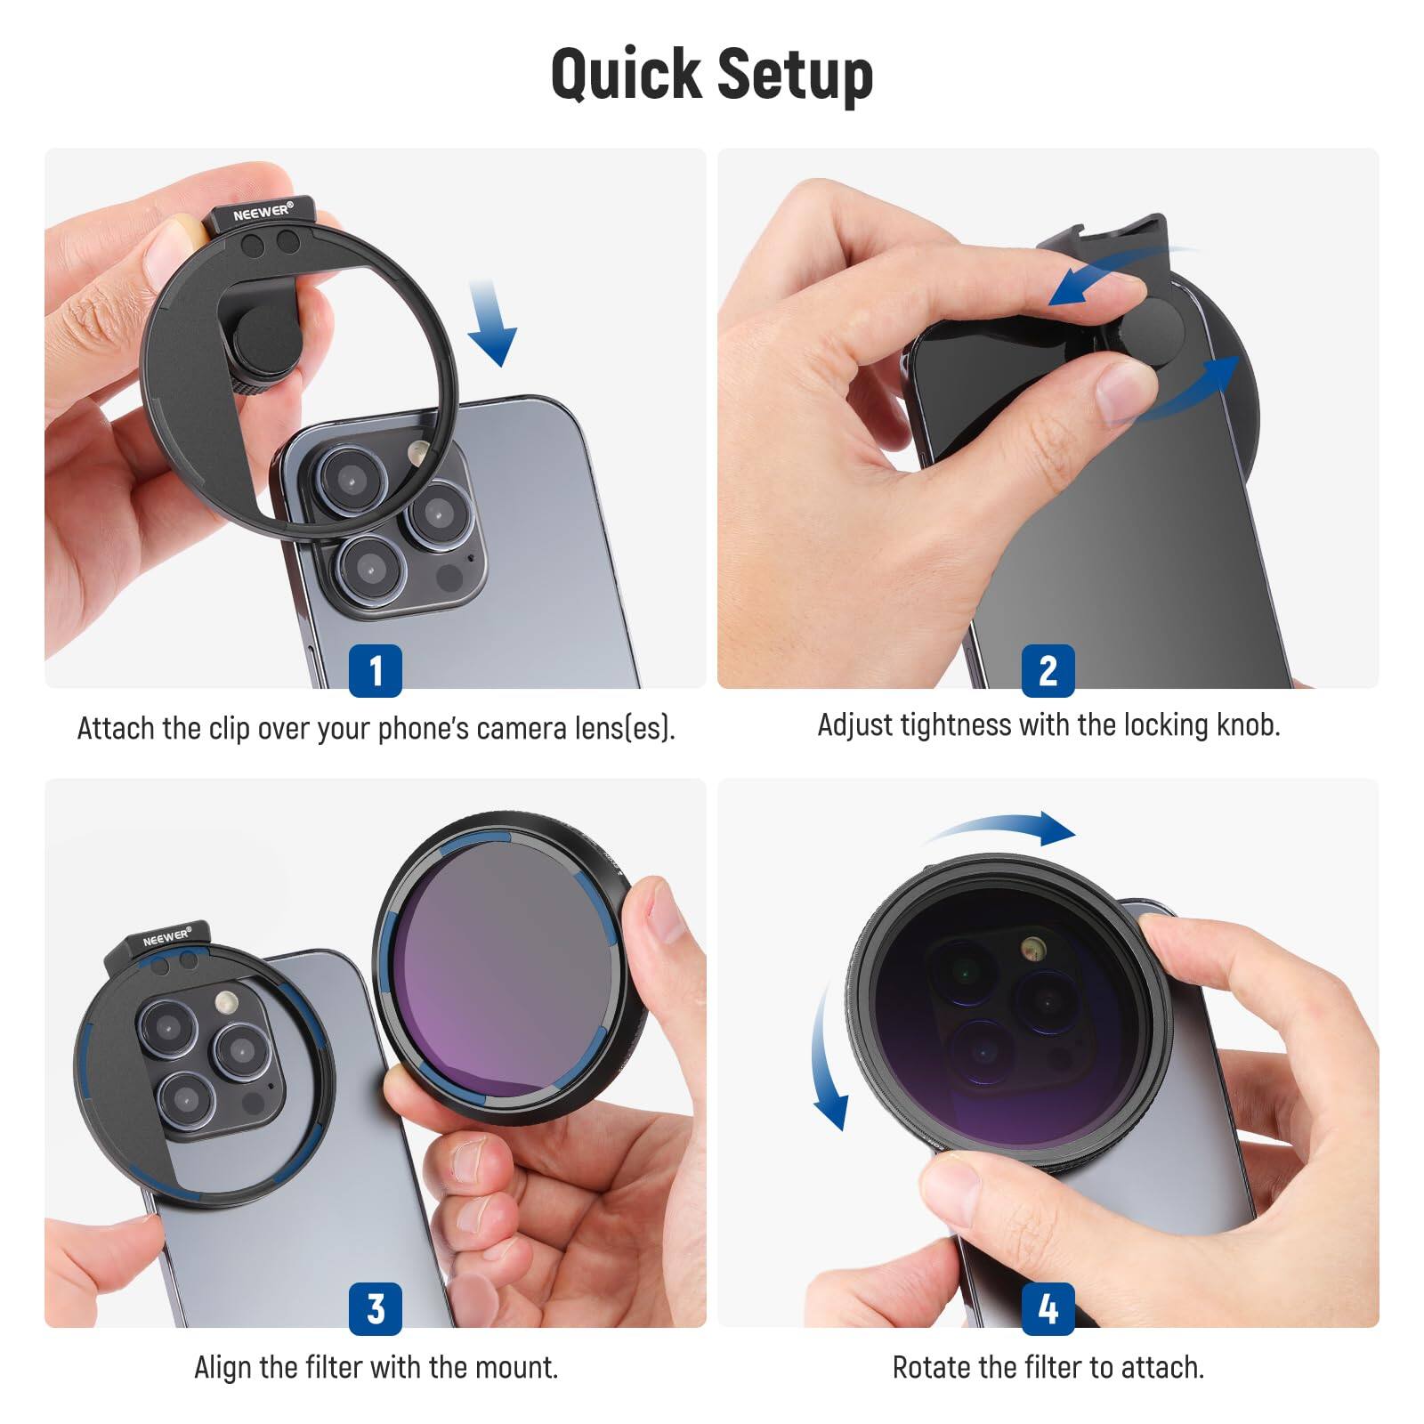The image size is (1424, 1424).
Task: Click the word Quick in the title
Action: pyautogui.click(x=625, y=74)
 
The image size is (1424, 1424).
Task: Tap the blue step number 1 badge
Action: pyautogui.click(x=375, y=670)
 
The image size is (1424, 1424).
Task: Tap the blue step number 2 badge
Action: pyautogui.click(x=1048, y=670)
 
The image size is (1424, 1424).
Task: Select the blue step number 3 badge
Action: pyautogui.click(x=375, y=1308)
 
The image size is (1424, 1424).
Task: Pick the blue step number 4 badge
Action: pyautogui.click(x=1048, y=1308)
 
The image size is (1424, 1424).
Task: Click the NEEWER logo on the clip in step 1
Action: pyautogui.click(x=263, y=212)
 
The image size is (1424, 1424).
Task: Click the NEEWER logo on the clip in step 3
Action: pyautogui.click(x=166, y=938)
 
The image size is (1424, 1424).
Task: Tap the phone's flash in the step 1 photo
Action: pyautogui.click(x=417, y=452)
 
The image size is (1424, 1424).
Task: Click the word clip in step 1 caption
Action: pyautogui.click(x=229, y=728)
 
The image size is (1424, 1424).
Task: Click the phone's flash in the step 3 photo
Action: pyautogui.click(x=225, y=1003)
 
